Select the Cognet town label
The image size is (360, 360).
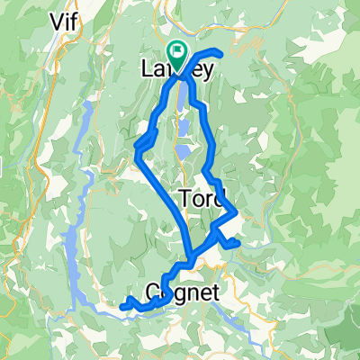coord(177,289)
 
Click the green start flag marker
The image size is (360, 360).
coord(177,52)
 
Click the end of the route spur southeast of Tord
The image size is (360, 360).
coord(238,243)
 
